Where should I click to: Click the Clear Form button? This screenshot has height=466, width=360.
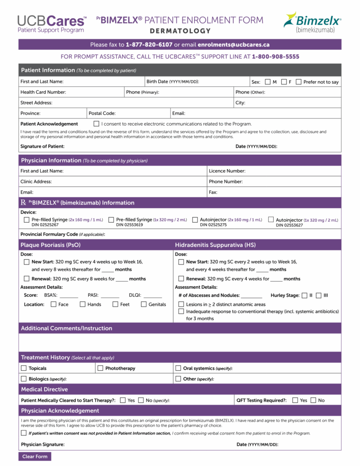tap(35, 456)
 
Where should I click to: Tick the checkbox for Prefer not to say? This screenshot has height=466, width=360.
tap(299, 82)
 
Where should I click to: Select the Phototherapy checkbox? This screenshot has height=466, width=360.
tap(100, 368)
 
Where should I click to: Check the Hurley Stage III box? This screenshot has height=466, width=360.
tap(319, 295)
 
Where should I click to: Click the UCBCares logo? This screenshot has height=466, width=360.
tap(52, 24)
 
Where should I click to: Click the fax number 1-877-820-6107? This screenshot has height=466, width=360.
tap(149, 45)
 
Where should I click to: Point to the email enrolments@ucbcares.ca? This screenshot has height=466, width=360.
tap(233, 45)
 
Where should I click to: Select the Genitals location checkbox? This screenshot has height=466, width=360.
tap(144, 304)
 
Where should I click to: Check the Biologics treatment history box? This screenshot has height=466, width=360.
tap(24, 378)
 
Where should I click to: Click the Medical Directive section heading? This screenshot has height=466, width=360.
tap(45, 389)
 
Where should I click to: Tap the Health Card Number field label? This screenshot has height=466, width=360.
tap(43, 92)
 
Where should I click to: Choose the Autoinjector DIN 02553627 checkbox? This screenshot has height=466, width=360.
tap(271, 219)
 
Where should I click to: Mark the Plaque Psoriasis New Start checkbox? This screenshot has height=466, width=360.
tap(27, 262)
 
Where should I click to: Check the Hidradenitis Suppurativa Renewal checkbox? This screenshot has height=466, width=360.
tap(181, 278)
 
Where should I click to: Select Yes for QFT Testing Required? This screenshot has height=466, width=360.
tap(295, 400)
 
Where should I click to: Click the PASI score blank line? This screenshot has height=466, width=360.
tap(110, 296)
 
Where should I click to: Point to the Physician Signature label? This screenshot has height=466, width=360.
tap(43, 444)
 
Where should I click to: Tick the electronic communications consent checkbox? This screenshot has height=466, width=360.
tap(96, 124)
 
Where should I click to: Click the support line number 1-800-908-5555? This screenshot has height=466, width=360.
tap(275, 57)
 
